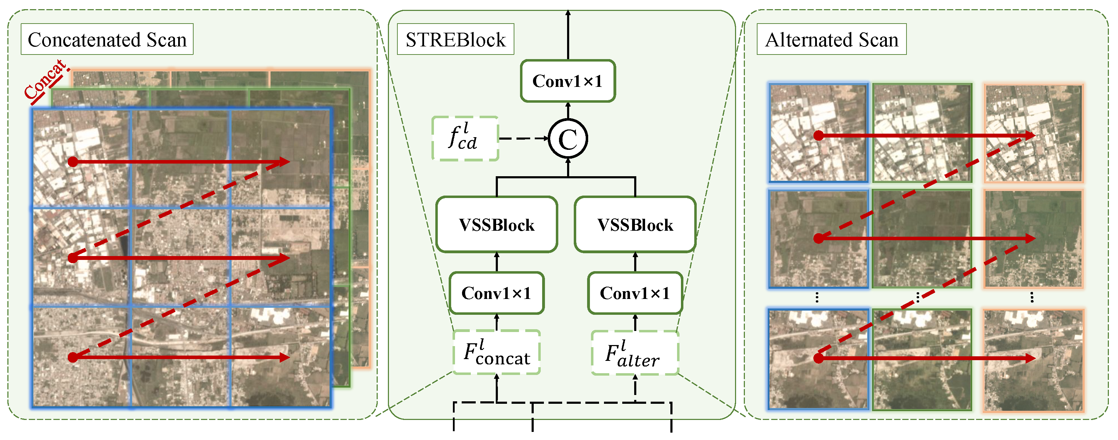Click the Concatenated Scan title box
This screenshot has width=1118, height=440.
(107, 39)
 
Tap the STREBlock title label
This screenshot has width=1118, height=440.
(455, 39)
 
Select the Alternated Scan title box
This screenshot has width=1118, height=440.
(831, 39)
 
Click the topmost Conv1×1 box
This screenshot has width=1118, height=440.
(568, 81)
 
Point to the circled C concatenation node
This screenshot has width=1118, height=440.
(568, 139)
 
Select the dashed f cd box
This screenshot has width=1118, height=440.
(465, 139)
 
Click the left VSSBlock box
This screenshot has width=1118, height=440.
(496, 224)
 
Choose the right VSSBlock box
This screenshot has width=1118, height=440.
(635, 224)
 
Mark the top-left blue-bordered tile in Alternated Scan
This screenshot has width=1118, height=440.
(818, 133)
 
